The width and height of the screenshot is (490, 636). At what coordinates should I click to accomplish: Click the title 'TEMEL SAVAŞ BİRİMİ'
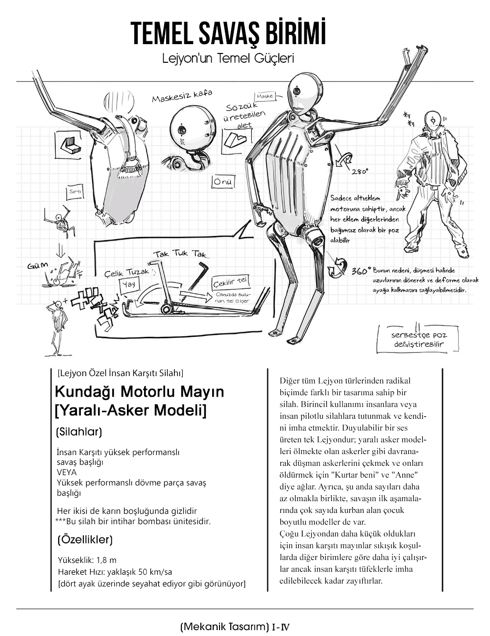pyautogui.click(x=228, y=34)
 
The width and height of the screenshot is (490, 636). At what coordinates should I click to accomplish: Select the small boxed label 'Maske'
pyautogui.click(x=265, y=96)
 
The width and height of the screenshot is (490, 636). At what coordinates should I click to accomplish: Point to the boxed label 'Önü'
pyautogui.click(x=223, y=182)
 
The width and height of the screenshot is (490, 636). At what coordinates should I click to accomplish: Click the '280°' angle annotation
pyautogui.click(x=360, y=172)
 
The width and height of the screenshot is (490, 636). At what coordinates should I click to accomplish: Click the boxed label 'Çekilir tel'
pyautogui.click(x=230, y=282)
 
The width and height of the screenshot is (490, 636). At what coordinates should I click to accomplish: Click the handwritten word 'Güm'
pyautogui.click(x=38, y=266)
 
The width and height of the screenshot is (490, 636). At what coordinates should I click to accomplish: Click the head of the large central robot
pyautogui.click(x=303, y=94)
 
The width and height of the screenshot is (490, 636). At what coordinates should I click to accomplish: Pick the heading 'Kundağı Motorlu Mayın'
pyautogui.click(x=140, y=392)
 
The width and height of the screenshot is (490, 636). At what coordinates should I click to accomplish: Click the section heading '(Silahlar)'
pyautogui.click(x=79, y=432)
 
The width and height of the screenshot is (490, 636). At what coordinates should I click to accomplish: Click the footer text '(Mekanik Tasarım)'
pyautogui.click(x=225, y=626)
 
